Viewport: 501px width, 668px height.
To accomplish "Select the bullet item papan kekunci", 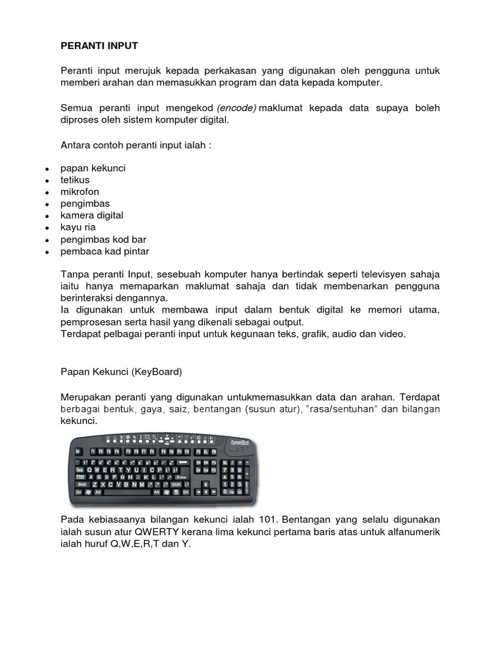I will tap(93, 168).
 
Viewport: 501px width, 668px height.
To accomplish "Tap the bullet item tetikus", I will tap(75, 179).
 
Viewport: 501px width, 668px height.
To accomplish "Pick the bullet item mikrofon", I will tap(80, 191).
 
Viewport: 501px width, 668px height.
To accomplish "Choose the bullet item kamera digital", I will tap(92, 215).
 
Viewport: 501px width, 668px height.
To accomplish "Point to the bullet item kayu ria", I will tap(79, 227).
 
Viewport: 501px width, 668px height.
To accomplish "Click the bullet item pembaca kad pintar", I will tap(105, 251).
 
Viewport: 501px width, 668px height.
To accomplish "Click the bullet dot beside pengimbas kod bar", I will tap(47, 240).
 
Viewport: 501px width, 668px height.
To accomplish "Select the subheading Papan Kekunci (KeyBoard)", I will tap(121, 372).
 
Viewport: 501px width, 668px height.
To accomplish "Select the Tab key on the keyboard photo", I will tap(80, 468).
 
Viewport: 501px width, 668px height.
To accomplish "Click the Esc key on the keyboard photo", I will tap(78, 451).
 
